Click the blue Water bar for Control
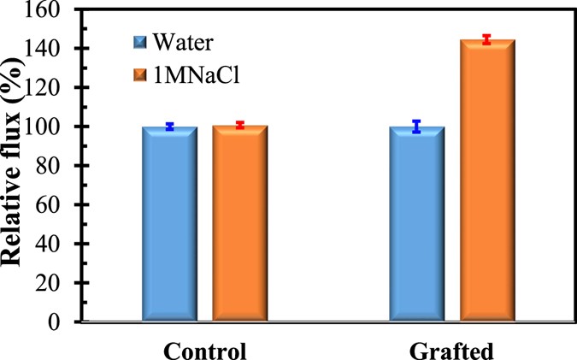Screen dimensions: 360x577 tap(170, 224)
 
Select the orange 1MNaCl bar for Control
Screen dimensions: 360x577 tap(240, 224)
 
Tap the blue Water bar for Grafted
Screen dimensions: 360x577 tap(417, 224)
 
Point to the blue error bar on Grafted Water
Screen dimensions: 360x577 tap(417, 127)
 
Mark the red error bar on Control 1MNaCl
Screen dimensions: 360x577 tap(240, 125)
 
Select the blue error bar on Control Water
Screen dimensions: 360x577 tap(170, 126)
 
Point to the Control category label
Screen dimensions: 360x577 tap(205, 351)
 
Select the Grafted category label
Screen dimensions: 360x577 tap(452, 351)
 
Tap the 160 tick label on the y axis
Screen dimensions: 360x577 tap(55, 10)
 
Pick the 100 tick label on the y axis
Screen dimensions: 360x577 tap(55, 127)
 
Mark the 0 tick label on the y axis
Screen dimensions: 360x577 tap(63, 322)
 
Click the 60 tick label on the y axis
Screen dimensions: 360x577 tap(59, 205)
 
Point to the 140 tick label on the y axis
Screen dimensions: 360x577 tap(55, 49)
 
